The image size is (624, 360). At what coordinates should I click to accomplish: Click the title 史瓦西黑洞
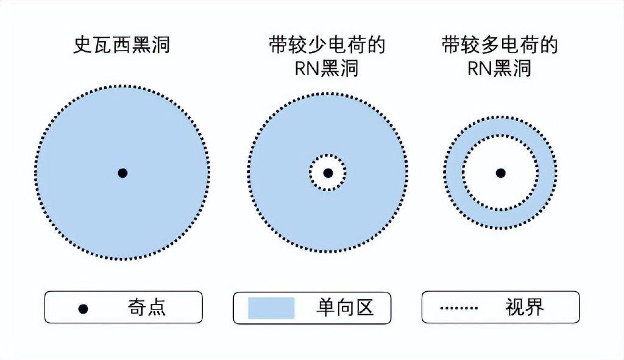(x=121, y=46)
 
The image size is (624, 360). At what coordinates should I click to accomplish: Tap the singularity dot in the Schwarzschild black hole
(x=122, y=173)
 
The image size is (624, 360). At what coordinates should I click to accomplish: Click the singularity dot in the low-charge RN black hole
(x=328, y=173)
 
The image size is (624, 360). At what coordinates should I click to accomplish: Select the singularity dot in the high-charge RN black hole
(x=500, y=173)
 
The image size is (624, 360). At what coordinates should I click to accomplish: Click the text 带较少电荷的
(x=328, y=46)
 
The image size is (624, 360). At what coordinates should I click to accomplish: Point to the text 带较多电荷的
(x=500, y=46)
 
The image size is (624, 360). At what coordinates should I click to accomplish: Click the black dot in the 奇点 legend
(x=83, y=308)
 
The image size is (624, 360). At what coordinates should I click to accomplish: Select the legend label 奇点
(x=146, y=308)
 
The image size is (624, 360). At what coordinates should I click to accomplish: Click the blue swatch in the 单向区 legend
(x=271, y=308)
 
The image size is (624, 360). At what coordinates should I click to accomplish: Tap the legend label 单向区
(x=345, y=308)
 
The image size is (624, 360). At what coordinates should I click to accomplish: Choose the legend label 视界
(x=524, y=308)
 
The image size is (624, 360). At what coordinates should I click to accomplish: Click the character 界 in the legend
(x=534, y=308)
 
